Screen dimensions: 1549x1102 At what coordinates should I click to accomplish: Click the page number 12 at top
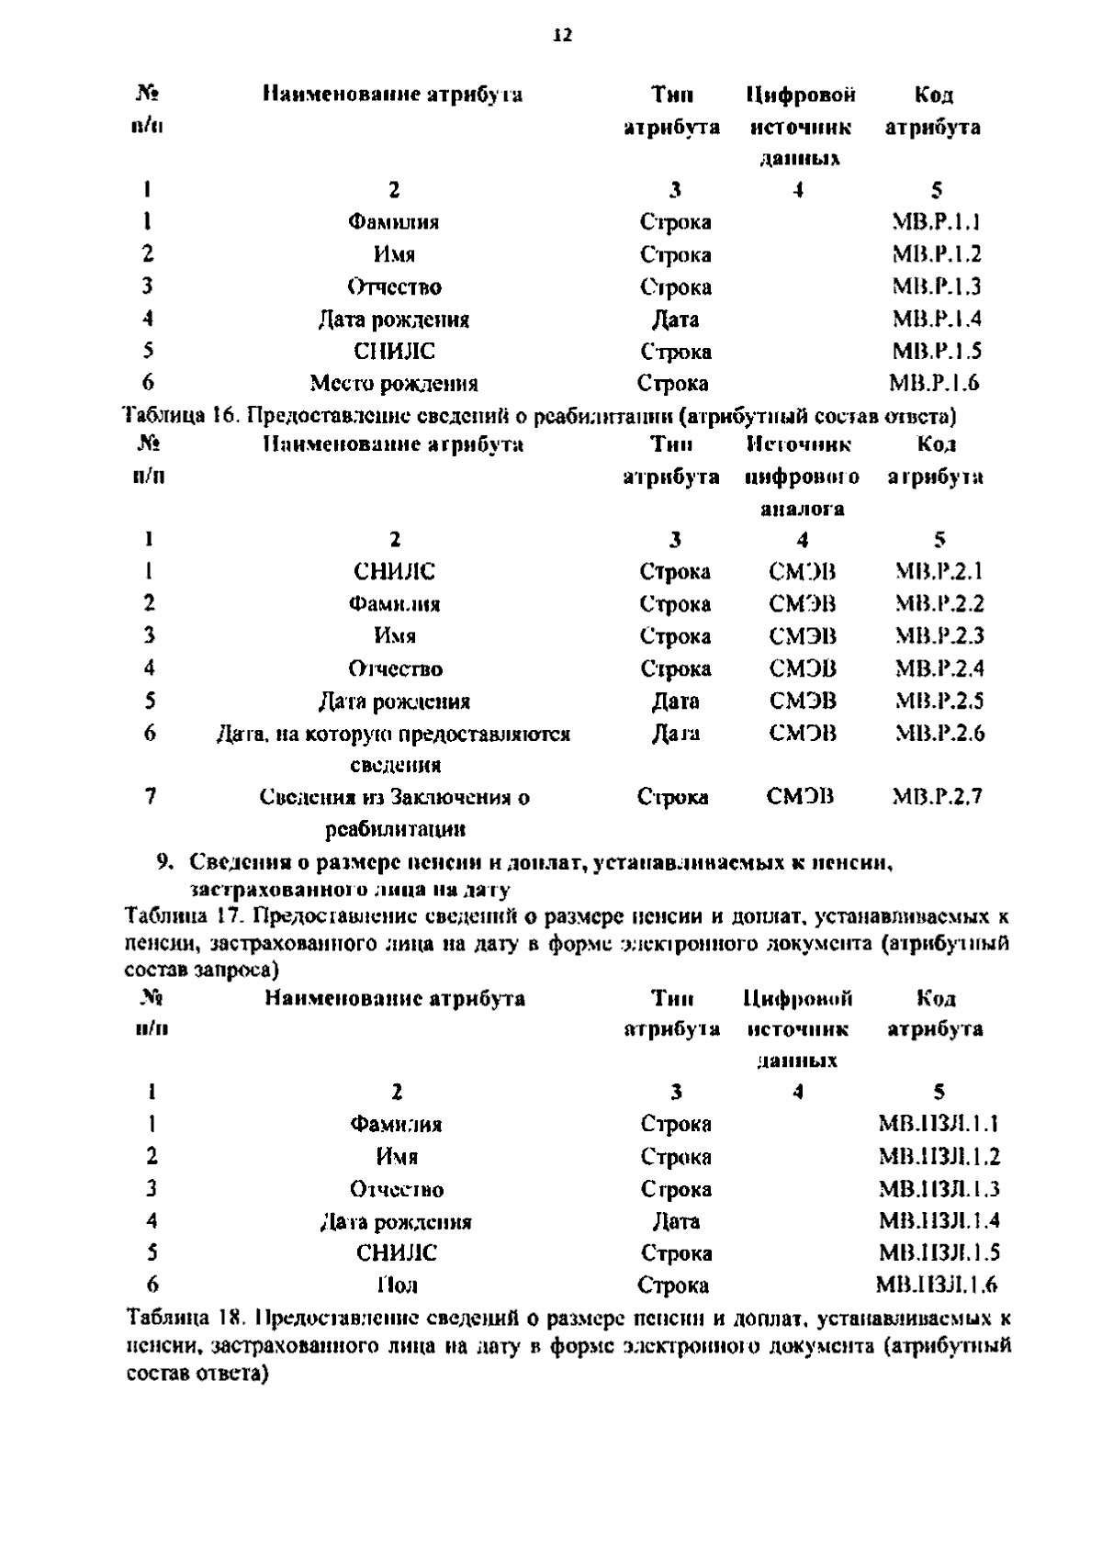[562, 36]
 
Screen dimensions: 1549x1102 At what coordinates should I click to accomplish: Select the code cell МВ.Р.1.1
[936, 222]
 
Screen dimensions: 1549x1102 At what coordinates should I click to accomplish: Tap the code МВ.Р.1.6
[934, 383]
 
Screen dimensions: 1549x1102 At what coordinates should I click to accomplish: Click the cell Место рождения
[393, 383]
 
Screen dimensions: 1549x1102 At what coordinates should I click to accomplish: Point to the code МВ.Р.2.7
[938, 797]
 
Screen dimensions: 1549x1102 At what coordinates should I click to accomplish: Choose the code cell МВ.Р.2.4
[939, 668]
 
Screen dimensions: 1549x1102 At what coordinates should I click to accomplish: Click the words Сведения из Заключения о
[394, 797]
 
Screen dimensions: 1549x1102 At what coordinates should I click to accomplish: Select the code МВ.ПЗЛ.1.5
[939, 1252]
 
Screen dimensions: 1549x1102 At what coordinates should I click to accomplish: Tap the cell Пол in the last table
[396, 1285]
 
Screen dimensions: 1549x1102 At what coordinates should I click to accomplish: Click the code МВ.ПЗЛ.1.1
[939, 1124]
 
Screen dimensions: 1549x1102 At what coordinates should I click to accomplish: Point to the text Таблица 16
[179, 416]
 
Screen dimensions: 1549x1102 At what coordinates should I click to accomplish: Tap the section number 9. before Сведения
[165, 862]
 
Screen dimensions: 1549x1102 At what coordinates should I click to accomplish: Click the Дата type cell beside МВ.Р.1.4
[675, 320]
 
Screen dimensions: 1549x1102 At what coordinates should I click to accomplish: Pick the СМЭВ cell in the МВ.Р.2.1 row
[803, 572]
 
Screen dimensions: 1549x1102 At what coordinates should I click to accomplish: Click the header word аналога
[802, 509]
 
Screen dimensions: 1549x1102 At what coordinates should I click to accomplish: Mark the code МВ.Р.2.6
[939, 733]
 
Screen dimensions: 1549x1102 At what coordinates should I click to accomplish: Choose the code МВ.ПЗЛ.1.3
[939, 1189]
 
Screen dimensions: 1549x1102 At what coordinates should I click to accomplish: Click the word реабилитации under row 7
[396, 830]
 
